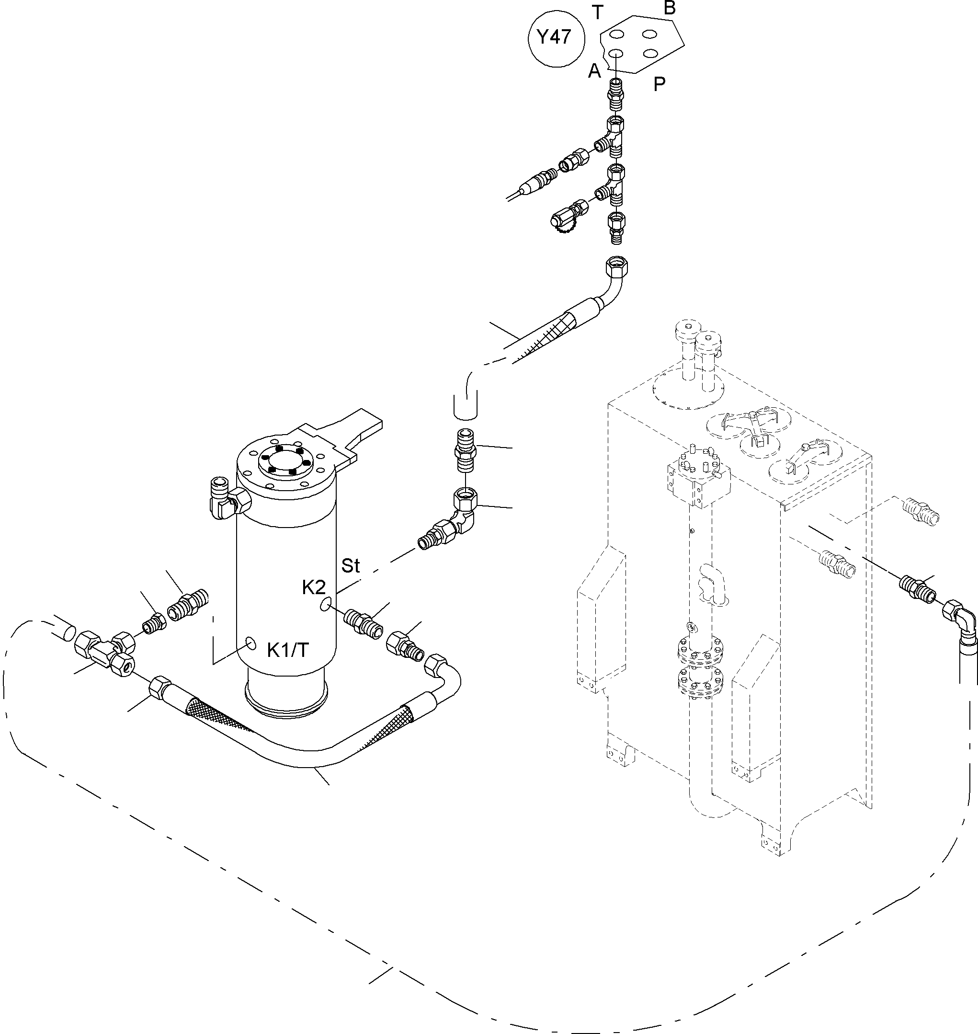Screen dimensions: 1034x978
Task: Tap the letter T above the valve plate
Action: (x=597, y=12)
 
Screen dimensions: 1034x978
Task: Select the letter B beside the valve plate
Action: (x=670, y=8)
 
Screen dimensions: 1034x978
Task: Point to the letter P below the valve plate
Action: (x=660, y=84)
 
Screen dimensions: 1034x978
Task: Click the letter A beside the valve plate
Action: (x=594, y=71)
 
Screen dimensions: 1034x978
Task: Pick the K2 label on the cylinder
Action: (x=314, y=587)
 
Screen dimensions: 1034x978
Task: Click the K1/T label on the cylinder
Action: (x=288, y=650)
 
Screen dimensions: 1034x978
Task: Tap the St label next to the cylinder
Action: (x=350, y=566)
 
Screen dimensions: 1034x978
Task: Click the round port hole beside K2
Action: (x=326, y=604)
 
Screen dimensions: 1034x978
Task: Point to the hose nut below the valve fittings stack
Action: (x=617, y=267)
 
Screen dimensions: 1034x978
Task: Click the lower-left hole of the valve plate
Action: (x=616, y=53)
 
